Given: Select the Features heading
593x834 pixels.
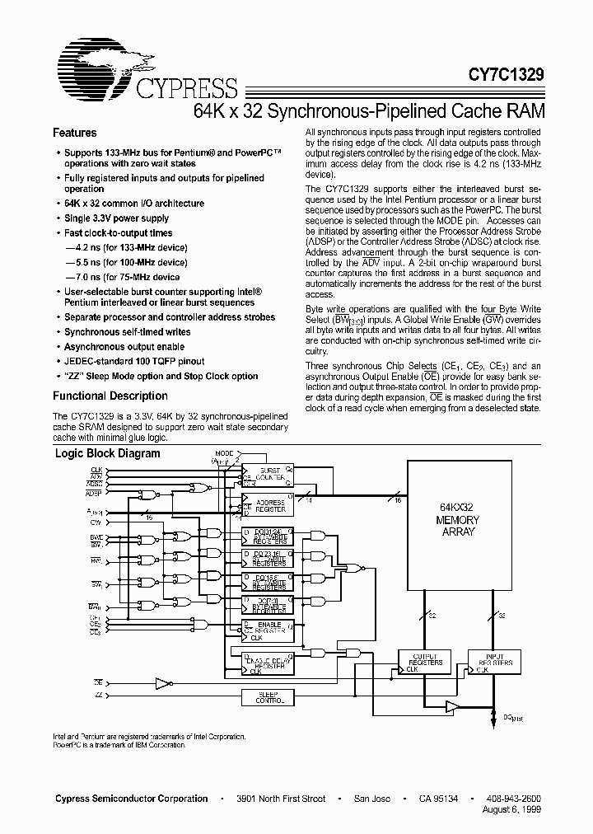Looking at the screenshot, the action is point(75,133).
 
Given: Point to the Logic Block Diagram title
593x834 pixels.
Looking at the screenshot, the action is point(107,453).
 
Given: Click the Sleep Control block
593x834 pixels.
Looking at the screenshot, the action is point(264,697).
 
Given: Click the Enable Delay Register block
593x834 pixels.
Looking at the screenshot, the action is point(264,664).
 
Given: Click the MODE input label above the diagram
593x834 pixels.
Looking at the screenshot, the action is point(224,454).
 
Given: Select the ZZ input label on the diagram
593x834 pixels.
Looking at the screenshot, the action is point(99,696).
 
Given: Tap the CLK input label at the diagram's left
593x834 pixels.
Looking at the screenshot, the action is point(96,469).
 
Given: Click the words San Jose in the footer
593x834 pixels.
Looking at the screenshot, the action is point(372,799).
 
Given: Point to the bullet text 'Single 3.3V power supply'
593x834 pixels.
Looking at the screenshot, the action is point(117,218).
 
